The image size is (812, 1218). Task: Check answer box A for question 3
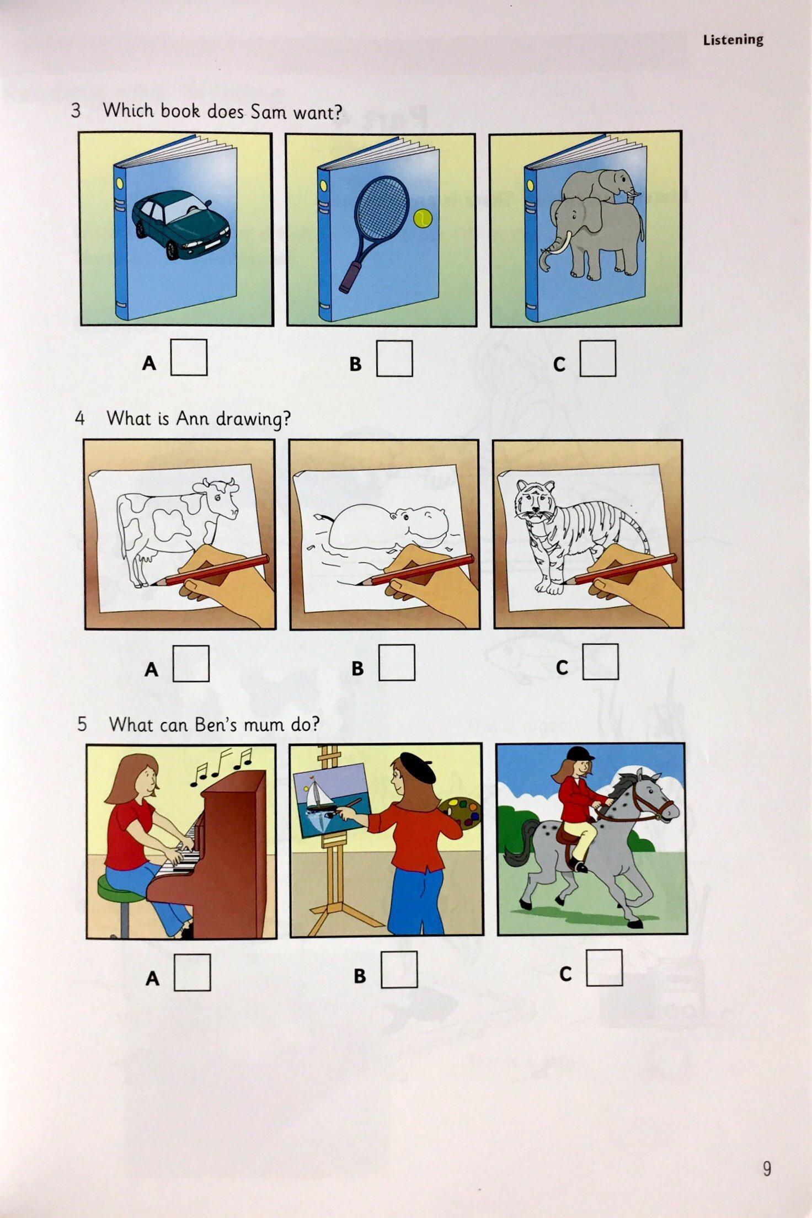coord(189,357)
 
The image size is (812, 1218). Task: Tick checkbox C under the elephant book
coord(598,359)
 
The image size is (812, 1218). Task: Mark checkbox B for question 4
coord(397,663)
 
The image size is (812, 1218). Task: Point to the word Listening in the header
coord(733,40)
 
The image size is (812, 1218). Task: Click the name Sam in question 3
coord(268,112)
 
